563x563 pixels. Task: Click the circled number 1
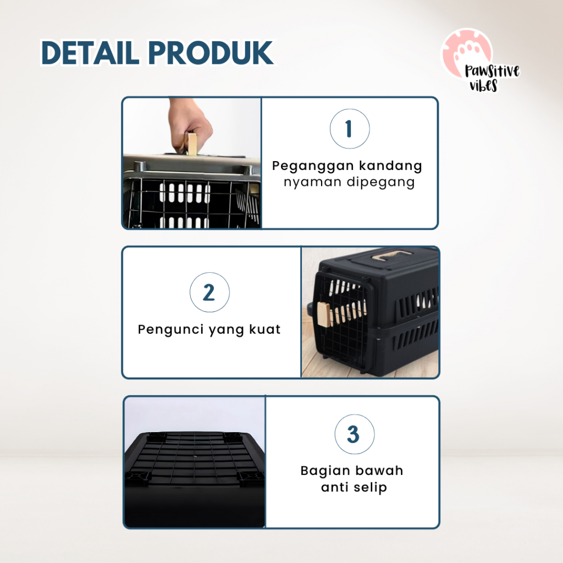pos(349,129)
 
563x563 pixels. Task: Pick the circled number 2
pos(209,293)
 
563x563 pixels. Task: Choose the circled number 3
pos(354,434)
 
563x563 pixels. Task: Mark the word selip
pos(369,488)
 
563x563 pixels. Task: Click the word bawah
pos(380,471)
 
